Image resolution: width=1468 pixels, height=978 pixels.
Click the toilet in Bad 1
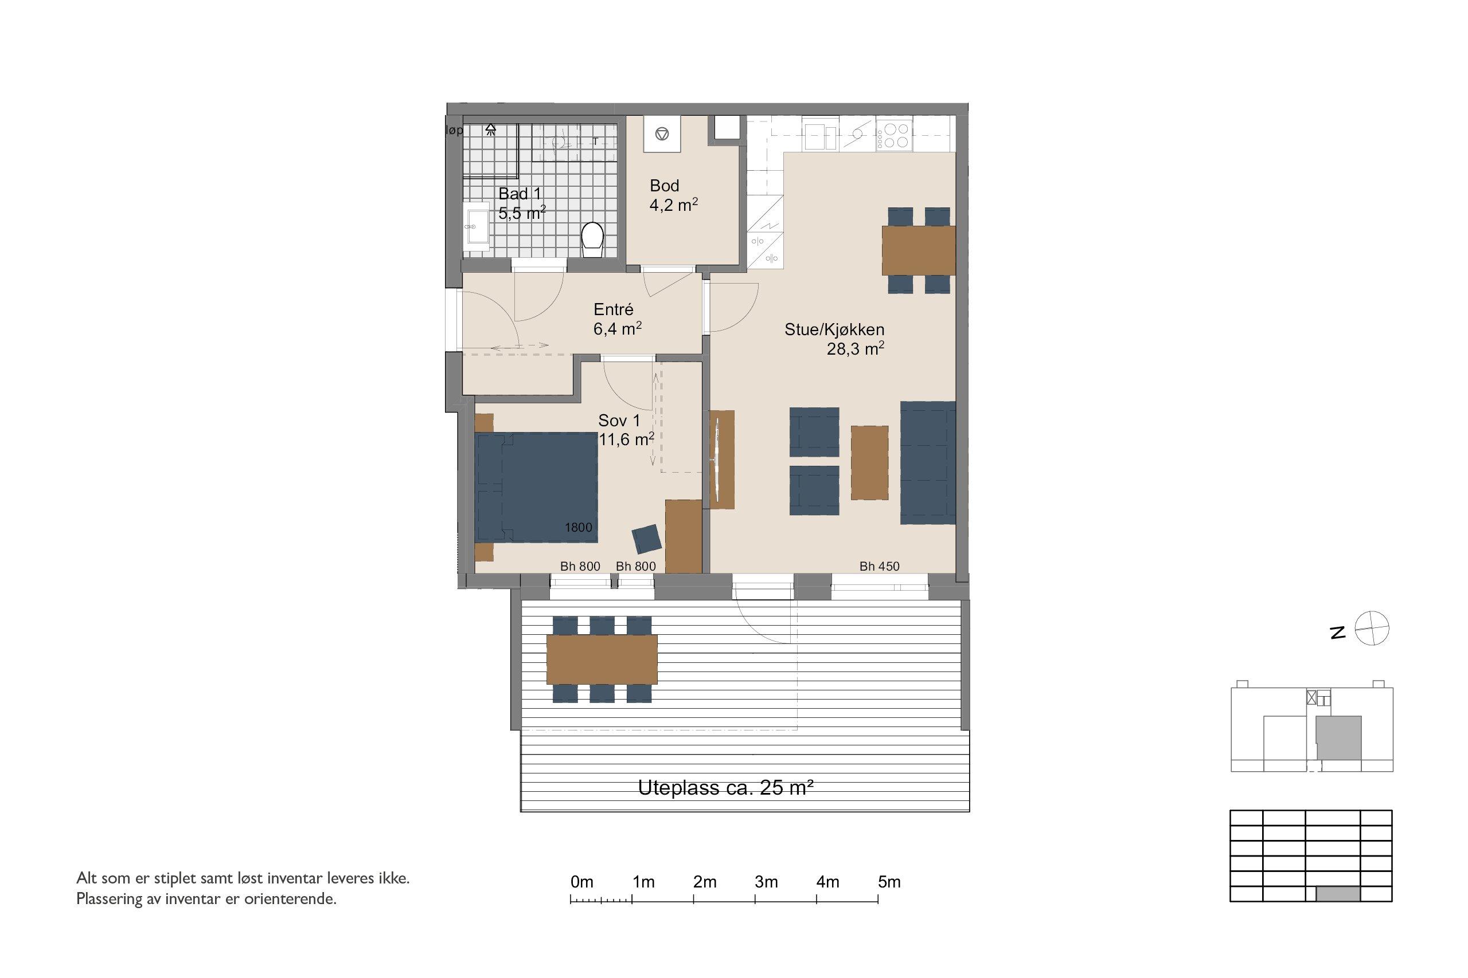[x=592, y=240]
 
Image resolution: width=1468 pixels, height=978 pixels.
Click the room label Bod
[x=664, y=185]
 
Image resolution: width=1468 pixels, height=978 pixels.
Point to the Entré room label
[x=614, y=309]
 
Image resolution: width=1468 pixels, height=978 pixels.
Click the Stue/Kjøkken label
[x=834, y=329]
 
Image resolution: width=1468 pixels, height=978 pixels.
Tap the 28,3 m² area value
[x=855, y=349]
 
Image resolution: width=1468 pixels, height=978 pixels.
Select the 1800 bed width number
[x=578, y=528]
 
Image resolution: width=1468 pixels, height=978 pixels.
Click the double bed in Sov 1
[x=536, y=486]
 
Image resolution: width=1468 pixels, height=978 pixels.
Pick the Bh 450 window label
[x=880, y=566]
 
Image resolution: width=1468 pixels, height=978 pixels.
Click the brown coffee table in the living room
[x=869, y=462]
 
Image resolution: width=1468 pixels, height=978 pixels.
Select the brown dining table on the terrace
[x=602, y=659]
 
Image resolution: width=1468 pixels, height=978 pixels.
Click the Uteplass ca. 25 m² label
[x=725, y=788]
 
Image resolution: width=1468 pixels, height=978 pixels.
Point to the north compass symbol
[x=1372, y=628]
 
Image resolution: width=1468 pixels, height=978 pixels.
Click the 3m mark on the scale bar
[x=755, y=899]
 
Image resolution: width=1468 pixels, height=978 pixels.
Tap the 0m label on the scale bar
[x=581, y=882]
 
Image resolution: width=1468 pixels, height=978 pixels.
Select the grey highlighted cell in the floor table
[x=1338, y=894]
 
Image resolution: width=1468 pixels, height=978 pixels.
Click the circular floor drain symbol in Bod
[x=662, y=133]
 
